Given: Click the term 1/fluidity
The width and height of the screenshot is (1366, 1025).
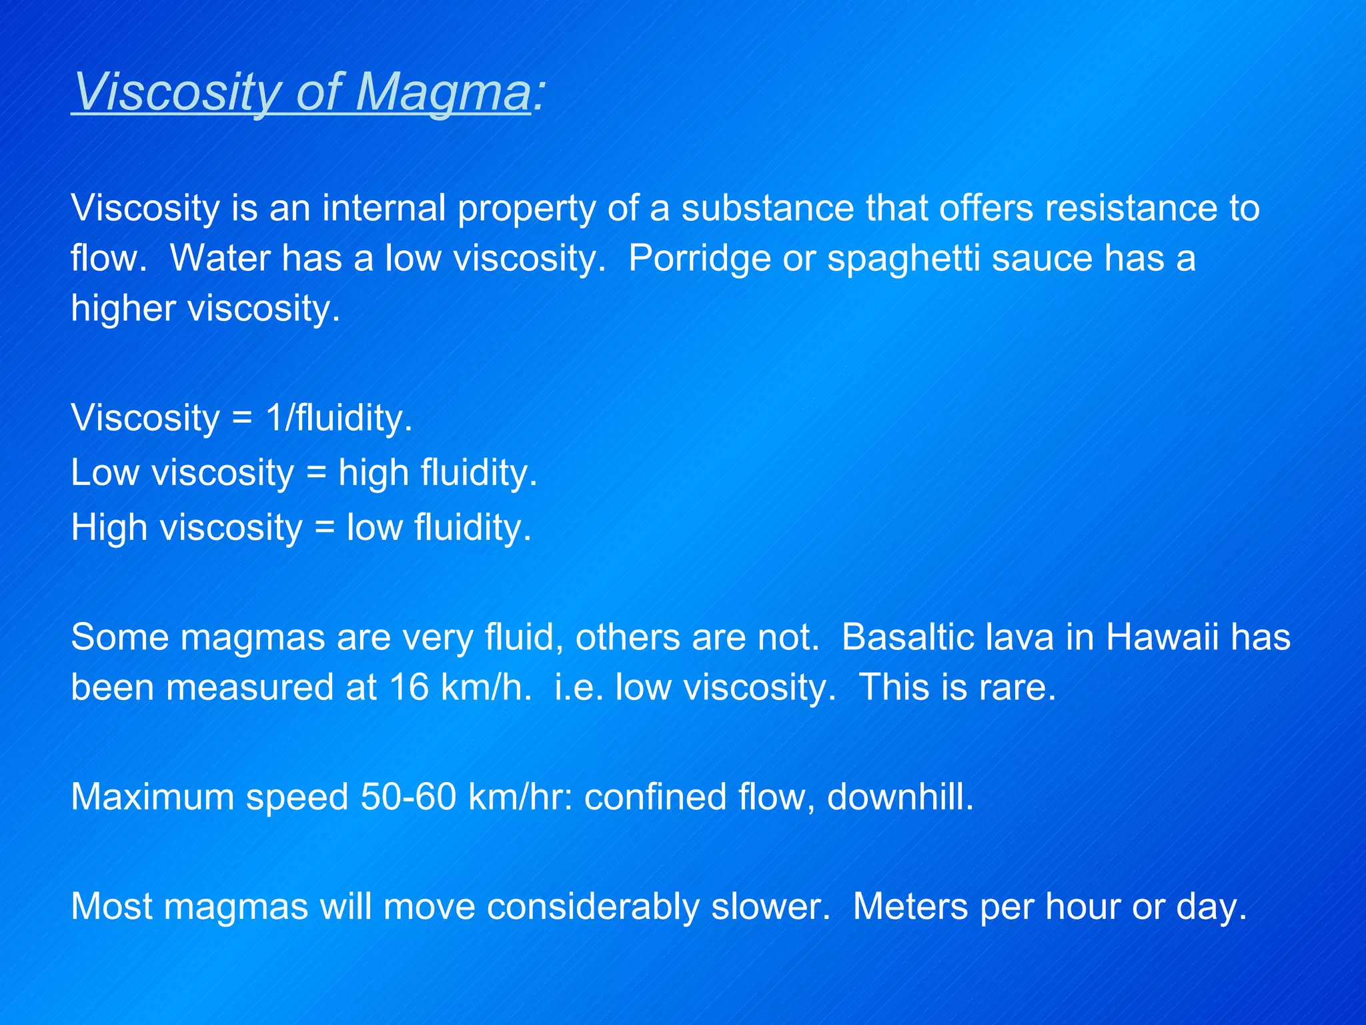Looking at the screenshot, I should pos(339,418).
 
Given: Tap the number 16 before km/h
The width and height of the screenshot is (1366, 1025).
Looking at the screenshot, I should pos(409,687).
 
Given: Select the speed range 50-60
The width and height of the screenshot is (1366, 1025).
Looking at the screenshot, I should pos(408,797).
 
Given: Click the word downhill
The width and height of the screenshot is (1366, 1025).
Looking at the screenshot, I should pos(900,797).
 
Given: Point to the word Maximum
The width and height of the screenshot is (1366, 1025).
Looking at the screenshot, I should pos(153,797).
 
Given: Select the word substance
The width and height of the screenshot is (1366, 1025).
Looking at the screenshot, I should pos(767,208).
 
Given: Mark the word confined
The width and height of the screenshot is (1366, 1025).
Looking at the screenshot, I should pos(655,797).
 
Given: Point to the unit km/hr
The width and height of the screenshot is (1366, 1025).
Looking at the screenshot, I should pos(520,797).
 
